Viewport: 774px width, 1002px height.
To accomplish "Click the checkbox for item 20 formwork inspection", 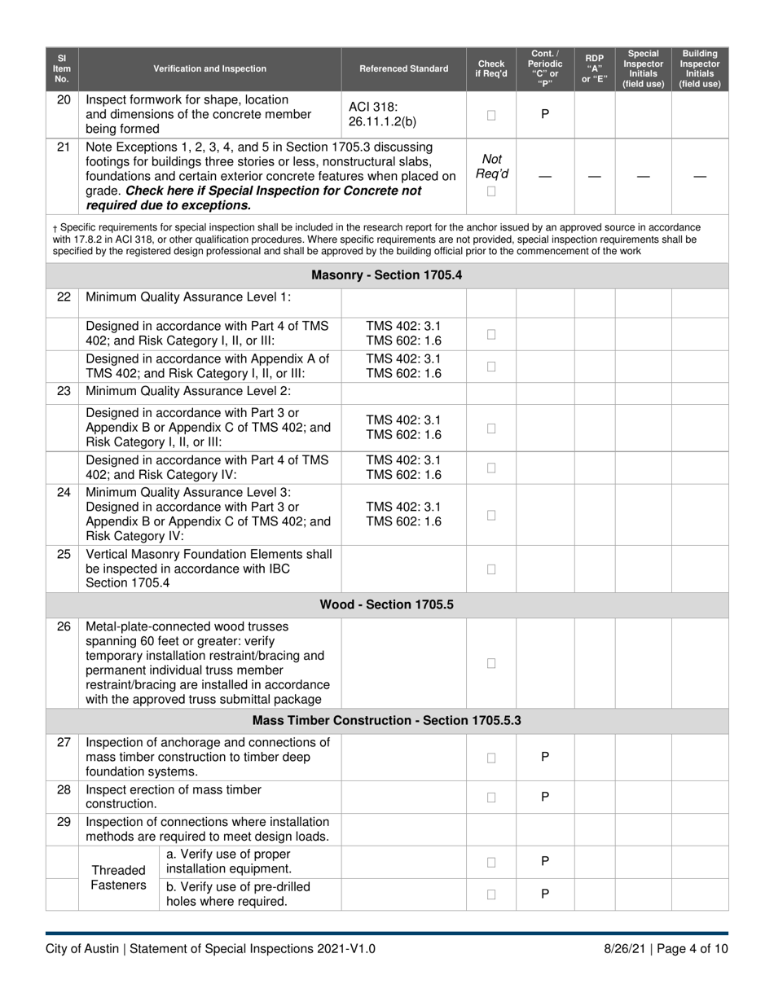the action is (491, 115).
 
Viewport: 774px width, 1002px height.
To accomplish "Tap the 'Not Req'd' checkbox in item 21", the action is (491, 191).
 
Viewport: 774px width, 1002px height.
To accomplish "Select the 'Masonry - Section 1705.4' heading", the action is (387, 275).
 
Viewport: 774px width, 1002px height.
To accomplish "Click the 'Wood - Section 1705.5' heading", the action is (387, 604).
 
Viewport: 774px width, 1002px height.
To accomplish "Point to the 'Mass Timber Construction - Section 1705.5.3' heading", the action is (387, 721).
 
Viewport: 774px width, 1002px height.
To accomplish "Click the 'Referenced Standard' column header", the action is (403, 68).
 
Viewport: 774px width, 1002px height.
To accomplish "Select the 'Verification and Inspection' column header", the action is (209, 68).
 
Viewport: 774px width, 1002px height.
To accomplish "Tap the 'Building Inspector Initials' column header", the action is (700, 68).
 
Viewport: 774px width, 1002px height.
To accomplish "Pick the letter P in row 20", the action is (545, 114).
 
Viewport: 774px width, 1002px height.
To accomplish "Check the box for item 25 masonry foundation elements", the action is (491, 569).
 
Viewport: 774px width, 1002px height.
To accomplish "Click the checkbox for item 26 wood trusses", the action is (491, 663).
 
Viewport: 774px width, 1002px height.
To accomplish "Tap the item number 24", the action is (64, 493).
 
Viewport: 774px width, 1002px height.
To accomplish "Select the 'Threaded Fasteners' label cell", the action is (118, 877).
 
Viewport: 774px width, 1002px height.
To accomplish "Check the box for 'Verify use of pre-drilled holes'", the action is (491, 894).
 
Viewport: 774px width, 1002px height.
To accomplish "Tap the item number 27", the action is (64, 742).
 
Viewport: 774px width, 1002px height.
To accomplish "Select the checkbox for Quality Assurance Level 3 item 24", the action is (491, 515).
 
